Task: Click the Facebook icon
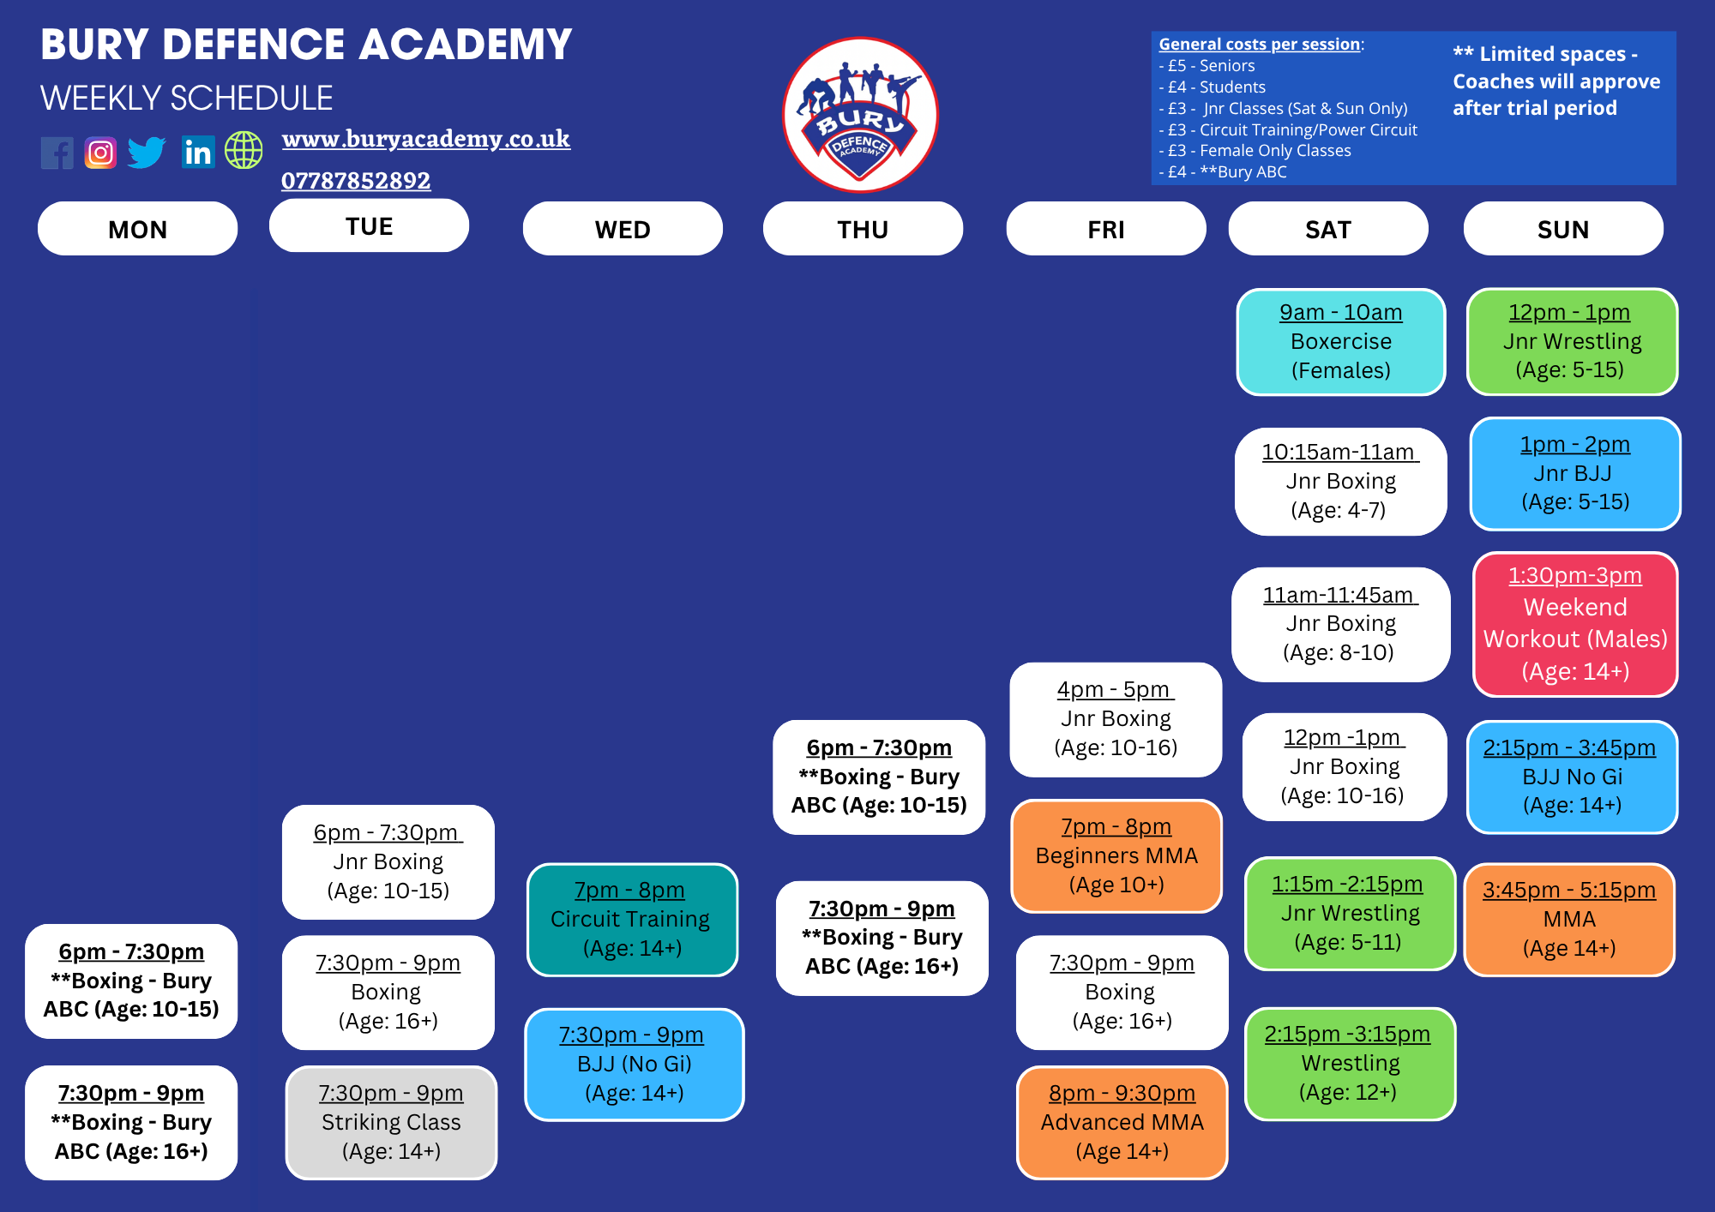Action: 57,153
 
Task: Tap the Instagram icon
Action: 100,153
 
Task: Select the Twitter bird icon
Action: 147,153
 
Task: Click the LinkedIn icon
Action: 198,153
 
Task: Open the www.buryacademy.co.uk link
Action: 426,139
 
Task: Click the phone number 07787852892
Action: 356,181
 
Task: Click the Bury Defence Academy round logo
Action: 860,115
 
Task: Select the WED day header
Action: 623,229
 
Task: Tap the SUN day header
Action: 1563,229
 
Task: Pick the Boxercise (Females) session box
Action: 1341,342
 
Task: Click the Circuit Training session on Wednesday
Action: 633,920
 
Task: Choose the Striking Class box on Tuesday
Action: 391,1123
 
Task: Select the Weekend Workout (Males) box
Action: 1575,624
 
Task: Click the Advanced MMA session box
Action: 1122,1123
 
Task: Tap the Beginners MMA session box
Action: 1116,856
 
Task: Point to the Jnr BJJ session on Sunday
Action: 1575,474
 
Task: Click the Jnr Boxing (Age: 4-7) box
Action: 1340,482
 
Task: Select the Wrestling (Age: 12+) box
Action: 1350,1064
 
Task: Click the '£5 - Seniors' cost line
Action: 1207,66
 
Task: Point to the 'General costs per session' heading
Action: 1260,44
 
